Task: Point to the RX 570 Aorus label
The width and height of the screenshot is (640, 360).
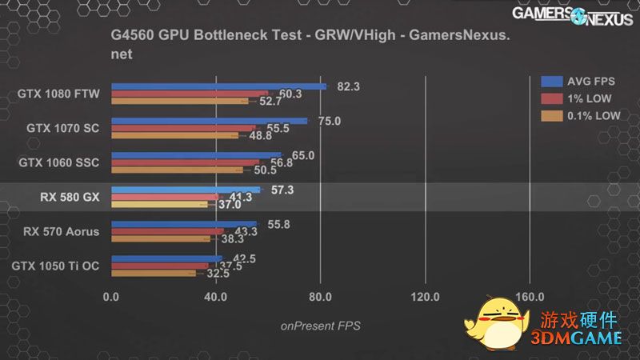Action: coord(61,232)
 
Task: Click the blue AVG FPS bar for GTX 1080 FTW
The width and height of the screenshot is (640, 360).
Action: coord(218,86)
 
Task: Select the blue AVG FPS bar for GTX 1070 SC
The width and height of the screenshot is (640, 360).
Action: coord(209,121)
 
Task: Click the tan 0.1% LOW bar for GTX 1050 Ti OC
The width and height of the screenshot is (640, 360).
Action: coord(153,273)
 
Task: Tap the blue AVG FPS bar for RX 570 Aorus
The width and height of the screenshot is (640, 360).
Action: coord(184,225)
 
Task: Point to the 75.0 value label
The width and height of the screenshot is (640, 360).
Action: coord(330,121)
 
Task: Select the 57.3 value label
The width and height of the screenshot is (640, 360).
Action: coord(283,190)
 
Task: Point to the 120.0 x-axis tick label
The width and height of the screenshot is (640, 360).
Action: coord(425,297)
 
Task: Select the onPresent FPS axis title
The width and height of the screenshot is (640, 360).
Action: coord(320,326)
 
